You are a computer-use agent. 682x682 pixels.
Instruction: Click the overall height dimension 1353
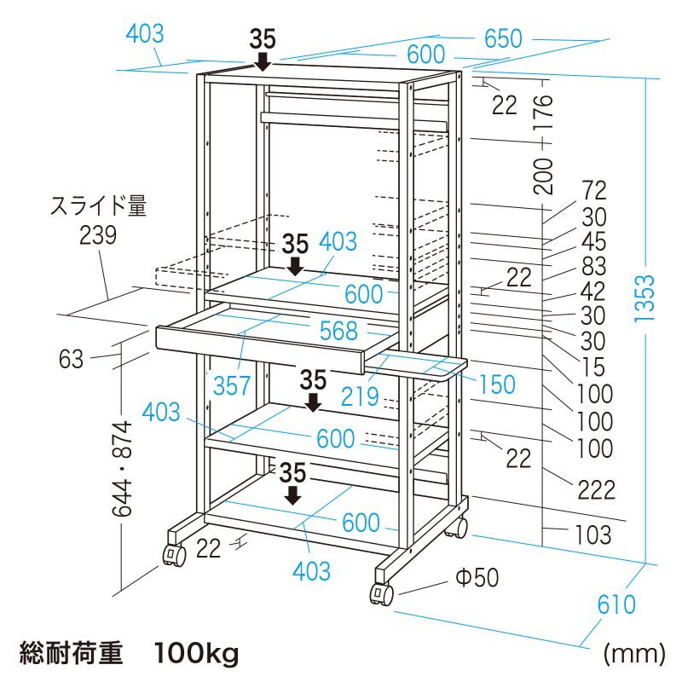(644, 298)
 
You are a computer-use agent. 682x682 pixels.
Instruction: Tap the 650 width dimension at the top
(504, 38)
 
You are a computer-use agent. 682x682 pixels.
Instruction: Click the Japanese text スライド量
(98, 205)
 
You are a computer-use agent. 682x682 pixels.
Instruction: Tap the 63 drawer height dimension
(72, 359)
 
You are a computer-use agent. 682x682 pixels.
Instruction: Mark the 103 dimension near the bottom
(592, 535)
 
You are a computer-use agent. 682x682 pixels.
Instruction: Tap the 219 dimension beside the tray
(360, 396)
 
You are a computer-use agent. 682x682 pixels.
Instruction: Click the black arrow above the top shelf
(263, 61)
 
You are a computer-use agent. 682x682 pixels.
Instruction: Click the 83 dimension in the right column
(593, 266)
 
